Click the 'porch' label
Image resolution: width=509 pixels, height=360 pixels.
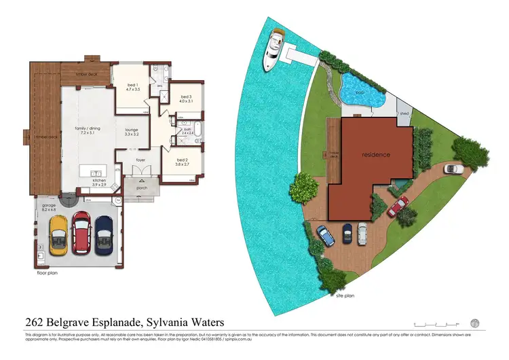(x=142, y=188)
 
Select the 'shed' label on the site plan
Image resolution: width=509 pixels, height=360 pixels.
(x=404, y=114)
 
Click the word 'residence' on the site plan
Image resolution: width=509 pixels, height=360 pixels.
(x=376, y=154)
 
